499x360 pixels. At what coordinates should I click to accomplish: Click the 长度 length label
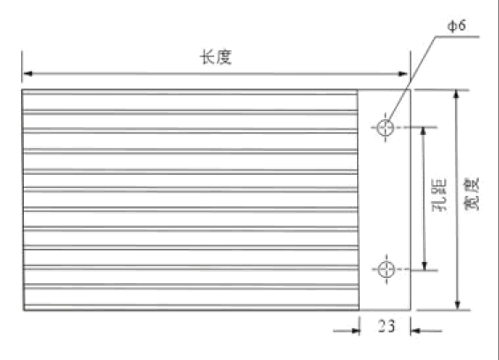pos(216,57)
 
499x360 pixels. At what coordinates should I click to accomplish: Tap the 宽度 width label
pos(472,195)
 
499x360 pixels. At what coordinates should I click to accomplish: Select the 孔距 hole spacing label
pos(439,195)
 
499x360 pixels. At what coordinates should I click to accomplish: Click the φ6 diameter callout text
pos(457,26)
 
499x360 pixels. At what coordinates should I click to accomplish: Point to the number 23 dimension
pos(386,326)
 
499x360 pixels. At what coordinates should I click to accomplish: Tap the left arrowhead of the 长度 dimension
pos(27,73)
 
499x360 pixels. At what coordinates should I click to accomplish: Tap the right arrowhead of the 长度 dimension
pos(403,74)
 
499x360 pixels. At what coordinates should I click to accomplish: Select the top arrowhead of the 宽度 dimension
pos(457,94)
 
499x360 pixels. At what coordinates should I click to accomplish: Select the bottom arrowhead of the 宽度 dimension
pos(458,305)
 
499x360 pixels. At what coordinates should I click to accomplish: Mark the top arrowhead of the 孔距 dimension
pos(423,131)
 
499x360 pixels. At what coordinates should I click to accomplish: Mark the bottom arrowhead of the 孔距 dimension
pos(424,266)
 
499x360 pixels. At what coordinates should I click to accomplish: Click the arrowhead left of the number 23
pos(355,330)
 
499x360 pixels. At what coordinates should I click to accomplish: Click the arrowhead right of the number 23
pos(415,331)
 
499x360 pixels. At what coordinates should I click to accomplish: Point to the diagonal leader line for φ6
pos(412,79)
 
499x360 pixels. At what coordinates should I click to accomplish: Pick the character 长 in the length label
pos(207,57)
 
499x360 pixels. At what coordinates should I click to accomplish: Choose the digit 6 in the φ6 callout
pos(462,26)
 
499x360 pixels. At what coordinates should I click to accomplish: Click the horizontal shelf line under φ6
pos(458,37)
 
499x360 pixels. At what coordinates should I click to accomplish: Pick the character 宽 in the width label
pos(472,203)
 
